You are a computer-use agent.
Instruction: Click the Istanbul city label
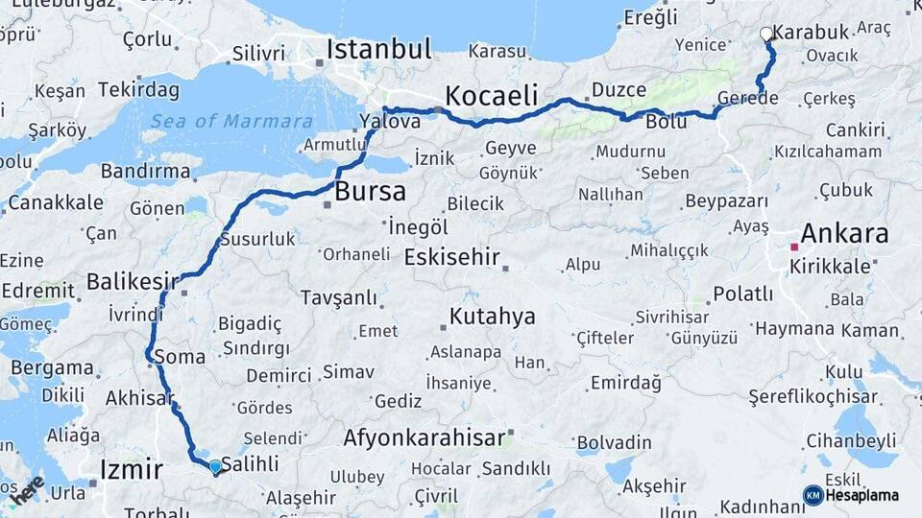coord(379,49)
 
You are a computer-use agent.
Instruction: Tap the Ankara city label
coord(844,232)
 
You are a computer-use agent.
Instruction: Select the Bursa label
coord(370,192)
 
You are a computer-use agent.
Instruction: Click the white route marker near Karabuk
coord(766,34)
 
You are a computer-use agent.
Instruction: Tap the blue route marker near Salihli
coord(215,466)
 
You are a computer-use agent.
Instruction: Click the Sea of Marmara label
coord(231,121)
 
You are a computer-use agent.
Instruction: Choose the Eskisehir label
coord(452,257)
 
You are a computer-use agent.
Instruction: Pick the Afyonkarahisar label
coord(425,438)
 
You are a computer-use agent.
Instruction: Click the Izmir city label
coord(132,469)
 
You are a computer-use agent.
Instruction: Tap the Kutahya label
coord(493,318)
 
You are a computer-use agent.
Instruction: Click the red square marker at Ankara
coord(794,247)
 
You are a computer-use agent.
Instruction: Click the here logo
coord(27,488)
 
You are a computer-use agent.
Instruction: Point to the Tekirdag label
coord(139,89)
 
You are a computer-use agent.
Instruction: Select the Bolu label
coord(667,122)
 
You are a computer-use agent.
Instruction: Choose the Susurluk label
coord(257,239)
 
